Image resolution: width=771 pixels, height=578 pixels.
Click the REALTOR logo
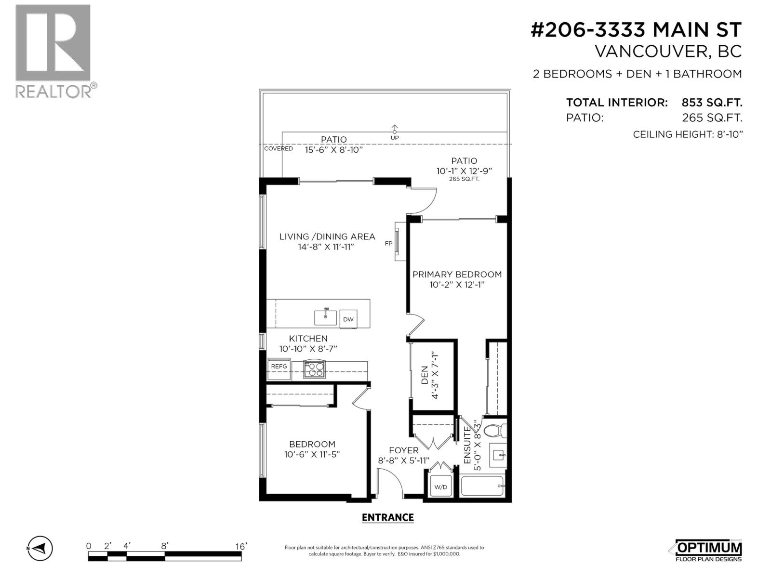click(x=53, y=51)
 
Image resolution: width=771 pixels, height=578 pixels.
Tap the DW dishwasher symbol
click(x=348, y=319)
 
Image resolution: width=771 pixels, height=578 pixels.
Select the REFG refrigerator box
click(x=279, y=367)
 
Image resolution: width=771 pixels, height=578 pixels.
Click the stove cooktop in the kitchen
click(x=315, y=369)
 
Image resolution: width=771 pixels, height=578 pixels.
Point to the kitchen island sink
click(x=326, y=317)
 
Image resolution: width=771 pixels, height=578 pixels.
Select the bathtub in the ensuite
click(x=482, y=486)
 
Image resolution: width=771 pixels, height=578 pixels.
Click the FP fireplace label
click(x=388, y=244)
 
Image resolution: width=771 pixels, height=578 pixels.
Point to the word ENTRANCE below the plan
click(x=387, y=517)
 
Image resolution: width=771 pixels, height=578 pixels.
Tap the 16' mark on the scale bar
click(x=240, y=546)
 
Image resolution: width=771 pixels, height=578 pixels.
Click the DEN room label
click(x=425, y=375)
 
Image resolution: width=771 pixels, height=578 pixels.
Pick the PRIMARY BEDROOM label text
click(x=457, y=275)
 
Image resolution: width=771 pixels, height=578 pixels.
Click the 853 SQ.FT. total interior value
click(x=712, y=103)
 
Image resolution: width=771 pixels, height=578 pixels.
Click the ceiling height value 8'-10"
click(x=728, y=134)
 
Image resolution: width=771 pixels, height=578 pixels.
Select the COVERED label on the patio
click(x=279, y=149)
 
